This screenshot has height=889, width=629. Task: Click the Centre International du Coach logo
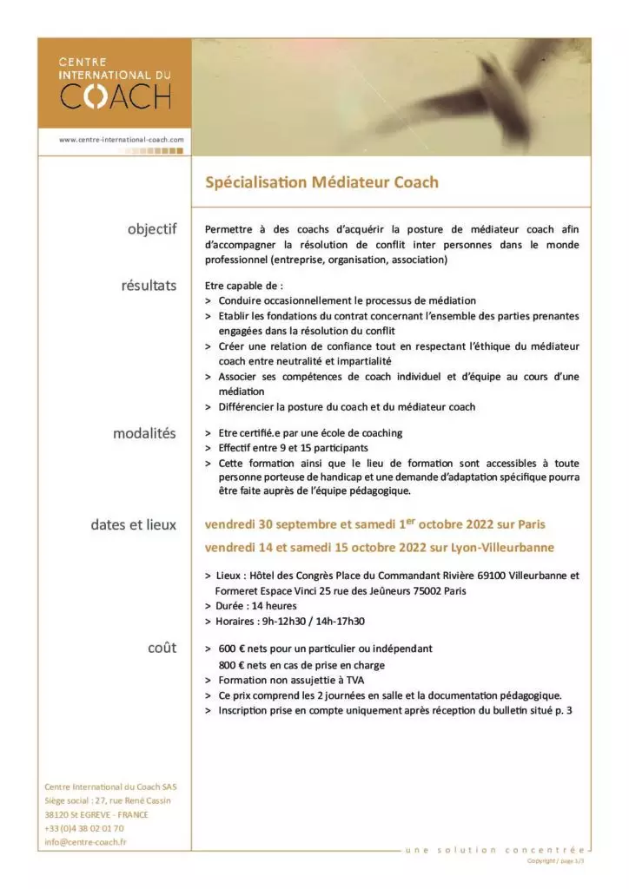(115, 83)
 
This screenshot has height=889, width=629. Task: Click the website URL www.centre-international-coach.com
(122, 138)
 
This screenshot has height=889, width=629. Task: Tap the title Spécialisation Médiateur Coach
(321, 182)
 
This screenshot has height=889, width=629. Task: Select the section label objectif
(151, 229)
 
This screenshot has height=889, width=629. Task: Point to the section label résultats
(149, 285)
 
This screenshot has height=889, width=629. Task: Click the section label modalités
(144, 433)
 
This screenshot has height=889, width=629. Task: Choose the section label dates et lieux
(133, 524)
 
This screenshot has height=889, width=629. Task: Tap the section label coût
(162, 648)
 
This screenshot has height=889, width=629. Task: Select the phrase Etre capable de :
(244, 285)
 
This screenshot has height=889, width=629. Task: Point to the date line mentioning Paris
(375, 525)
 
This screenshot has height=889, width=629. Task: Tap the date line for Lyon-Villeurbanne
(380, 548)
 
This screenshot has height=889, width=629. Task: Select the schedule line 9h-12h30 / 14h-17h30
(291, 621)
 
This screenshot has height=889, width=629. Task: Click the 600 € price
(228, 649)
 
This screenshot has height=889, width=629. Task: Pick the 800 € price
(228, 665)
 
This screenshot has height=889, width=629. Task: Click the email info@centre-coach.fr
(85, 842)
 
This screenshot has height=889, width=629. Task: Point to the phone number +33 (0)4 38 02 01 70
(83, 828)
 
